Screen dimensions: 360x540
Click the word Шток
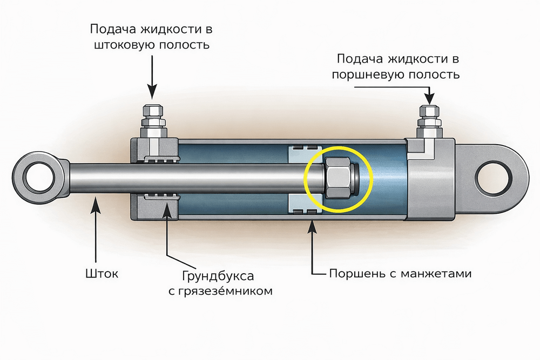click(102, 274)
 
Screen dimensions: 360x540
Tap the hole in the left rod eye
click(37, 178)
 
